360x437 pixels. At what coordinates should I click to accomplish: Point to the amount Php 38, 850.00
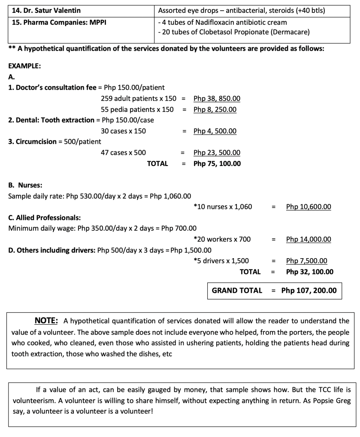pos(217,98)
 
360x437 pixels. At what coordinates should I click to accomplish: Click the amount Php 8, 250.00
pos(215,109)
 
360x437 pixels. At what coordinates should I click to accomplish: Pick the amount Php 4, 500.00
pos(215,131)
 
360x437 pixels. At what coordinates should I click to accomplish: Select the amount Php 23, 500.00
pos(217,153)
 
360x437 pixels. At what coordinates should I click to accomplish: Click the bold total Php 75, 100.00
pos(217,164)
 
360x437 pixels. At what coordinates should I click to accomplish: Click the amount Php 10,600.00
pos(309,207)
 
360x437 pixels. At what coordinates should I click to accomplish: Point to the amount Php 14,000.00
pos(309,239)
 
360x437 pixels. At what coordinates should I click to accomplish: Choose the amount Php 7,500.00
pos(306,261)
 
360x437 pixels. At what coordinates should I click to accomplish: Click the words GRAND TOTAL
pos(237,291)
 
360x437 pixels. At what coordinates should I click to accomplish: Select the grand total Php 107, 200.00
pos(309,291)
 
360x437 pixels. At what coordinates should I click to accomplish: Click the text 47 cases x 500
pos(123,153)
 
